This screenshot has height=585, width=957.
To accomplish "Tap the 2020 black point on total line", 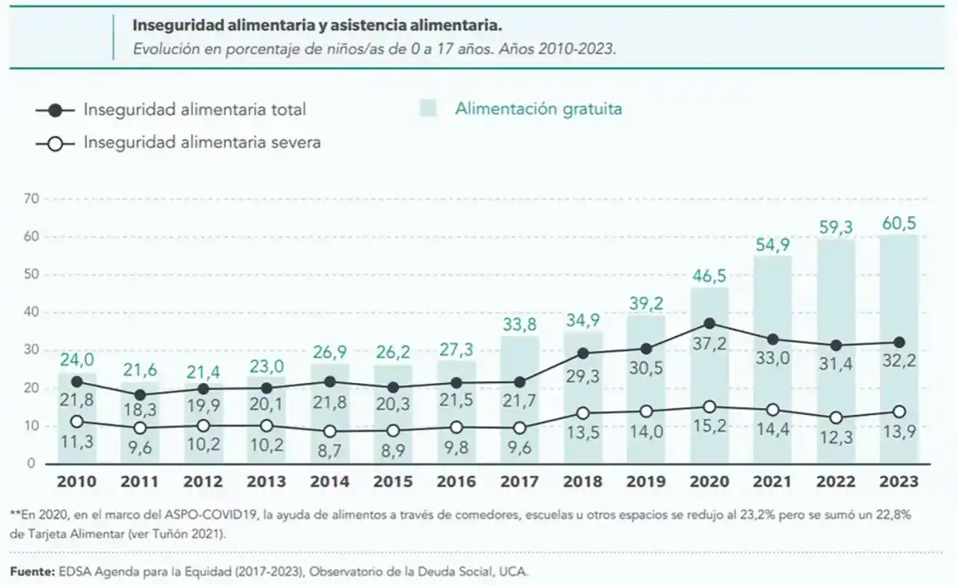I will pos(710,323).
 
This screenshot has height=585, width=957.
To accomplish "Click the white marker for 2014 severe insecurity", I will pos(330,431).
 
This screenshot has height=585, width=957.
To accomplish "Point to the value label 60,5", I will pos(899,221).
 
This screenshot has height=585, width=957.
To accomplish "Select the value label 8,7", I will pos(330,451).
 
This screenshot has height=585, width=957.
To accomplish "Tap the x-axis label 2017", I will pos(520,482).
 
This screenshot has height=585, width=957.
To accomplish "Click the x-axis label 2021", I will pos(773,482).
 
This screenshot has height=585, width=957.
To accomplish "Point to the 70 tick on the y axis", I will pos(33,199).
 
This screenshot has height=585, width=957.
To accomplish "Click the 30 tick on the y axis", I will pos(33,350).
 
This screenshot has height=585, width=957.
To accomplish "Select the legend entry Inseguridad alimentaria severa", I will pos(202,143).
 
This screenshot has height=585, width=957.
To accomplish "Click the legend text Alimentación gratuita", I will pos(538,109).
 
